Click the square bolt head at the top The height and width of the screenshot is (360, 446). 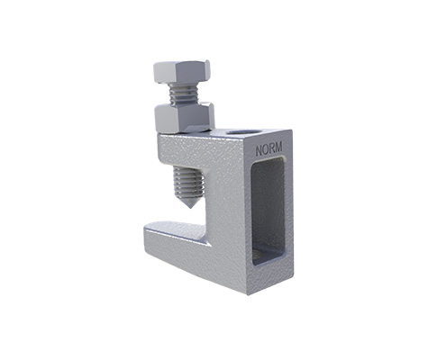pyautogui.click(x=181, y=72)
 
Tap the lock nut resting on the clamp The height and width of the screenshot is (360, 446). pyautogui.click(x=184, y=117)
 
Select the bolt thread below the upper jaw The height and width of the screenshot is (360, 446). pyautogui.click(x=189, y=184)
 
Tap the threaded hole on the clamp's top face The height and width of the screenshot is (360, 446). pyautogui.click(x=242, y=132)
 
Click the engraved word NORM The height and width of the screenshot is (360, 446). pyautogui.click(x=269, y=148)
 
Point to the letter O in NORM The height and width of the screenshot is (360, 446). pyautogui.click(x=265, y=149)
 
